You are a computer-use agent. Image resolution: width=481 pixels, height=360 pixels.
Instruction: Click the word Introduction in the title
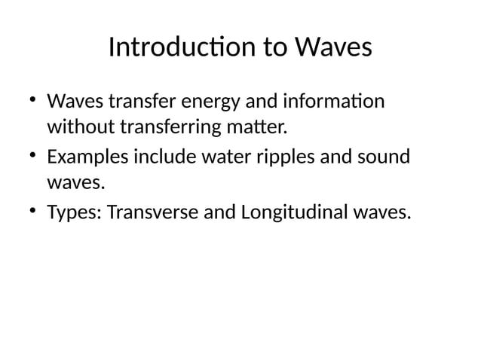click(174, 47)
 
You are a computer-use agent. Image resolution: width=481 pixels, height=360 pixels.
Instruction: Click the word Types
click(75, 214)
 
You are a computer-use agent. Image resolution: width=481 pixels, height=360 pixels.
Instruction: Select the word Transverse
click(152, 214)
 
